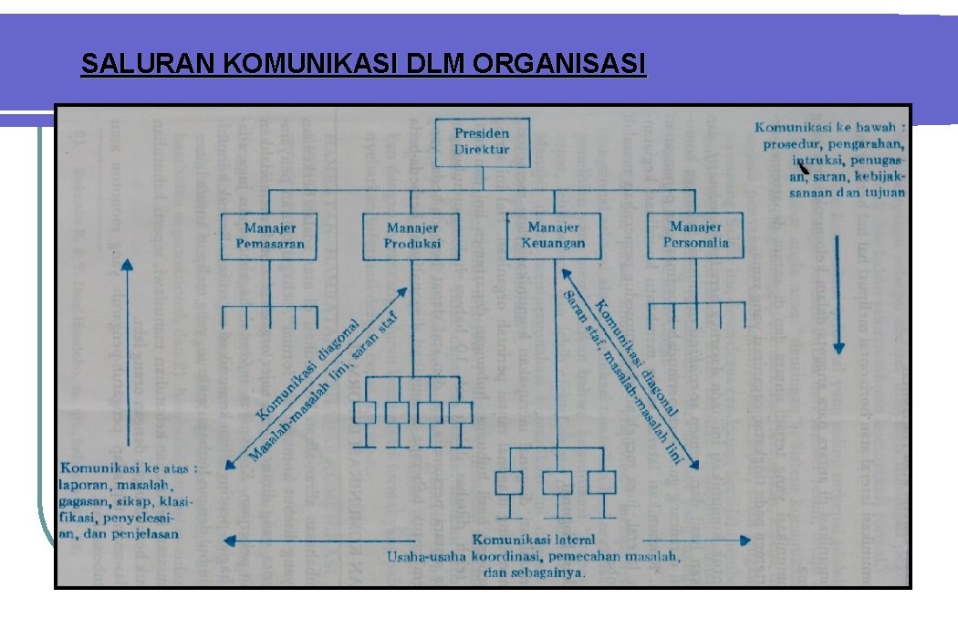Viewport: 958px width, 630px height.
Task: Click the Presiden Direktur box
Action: click(482, 142)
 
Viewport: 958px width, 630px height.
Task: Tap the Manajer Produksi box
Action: click(412, 236)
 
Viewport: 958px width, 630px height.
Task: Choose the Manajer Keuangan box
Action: click(554, 236)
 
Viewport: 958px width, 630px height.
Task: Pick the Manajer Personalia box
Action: click(695, 235)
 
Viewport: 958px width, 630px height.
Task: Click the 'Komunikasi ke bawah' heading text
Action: click(828, 128)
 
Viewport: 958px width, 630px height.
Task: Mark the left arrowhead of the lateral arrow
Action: click(230, 541)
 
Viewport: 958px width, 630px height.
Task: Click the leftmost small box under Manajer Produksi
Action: click(364, 412)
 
